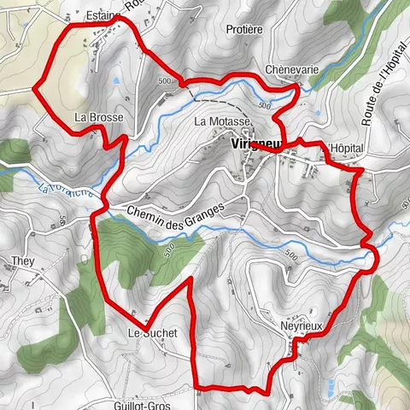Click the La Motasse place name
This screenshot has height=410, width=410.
[222, 122]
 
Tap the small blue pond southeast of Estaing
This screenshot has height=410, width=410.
[115, 80]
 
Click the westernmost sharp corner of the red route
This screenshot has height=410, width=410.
[34, 86]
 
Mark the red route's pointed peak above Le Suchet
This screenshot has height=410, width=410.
[188, 280]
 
